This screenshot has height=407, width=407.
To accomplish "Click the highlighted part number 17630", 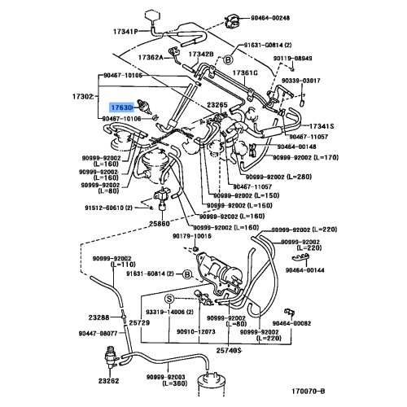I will coord(120,106).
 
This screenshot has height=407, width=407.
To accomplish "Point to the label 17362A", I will coord(151,58).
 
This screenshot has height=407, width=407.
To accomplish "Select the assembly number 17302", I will coord(81,97).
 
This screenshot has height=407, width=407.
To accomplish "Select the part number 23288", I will coord(99,317).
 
